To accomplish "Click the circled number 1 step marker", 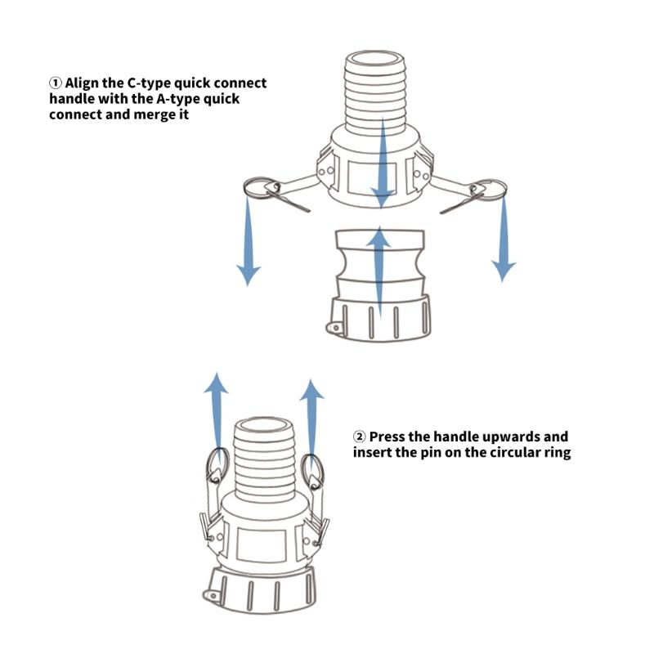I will (x=56, y=83).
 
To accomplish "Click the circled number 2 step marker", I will (x=360, y=437).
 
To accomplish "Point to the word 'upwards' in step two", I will (x=501, y=437).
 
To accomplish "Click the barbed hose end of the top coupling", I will (x=375, y=90).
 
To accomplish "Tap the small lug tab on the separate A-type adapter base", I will (x=335, y=327).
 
